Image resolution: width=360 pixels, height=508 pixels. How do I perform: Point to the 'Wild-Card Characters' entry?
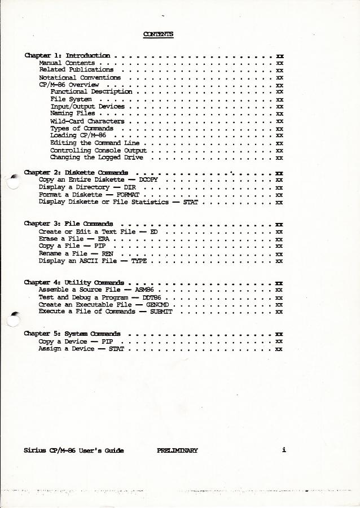click(x=87, y=121)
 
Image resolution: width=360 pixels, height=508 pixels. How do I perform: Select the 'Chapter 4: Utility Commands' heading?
click(x=74, y=282)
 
